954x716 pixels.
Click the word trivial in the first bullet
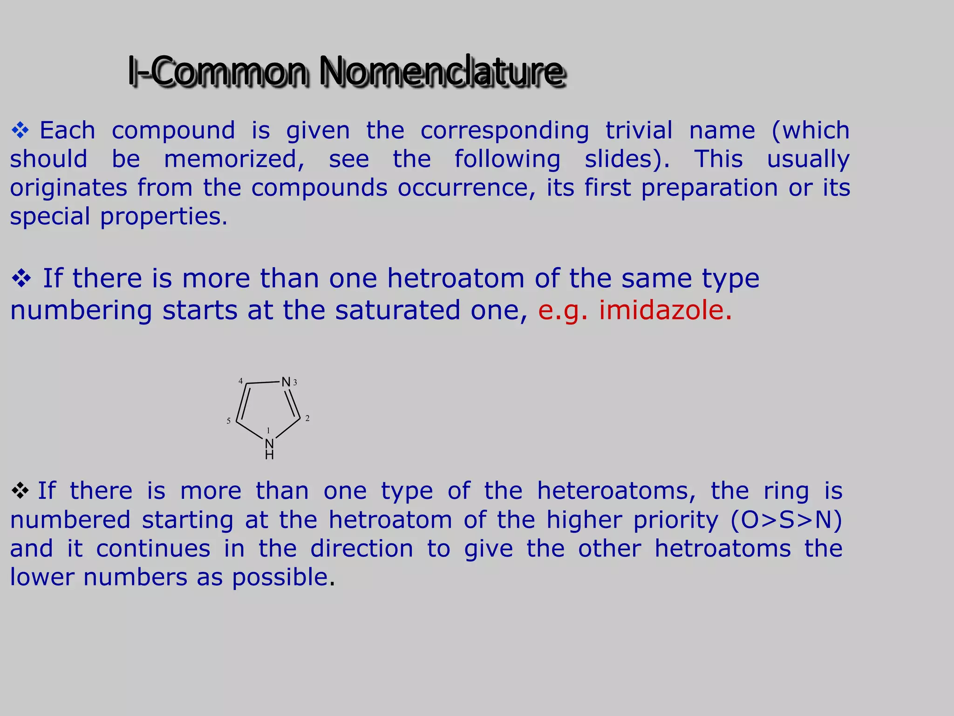pos(639,130)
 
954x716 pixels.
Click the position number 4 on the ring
pos(240,381)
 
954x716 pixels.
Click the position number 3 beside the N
pos(295,383)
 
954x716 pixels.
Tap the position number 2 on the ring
pos(307,418)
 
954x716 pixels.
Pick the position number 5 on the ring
pos(228,421)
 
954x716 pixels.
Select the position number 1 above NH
pos(268,430)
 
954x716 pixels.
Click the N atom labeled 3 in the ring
pos(286,382)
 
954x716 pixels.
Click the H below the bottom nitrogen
pos(269,455)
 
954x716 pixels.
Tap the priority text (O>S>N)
pos(786,520)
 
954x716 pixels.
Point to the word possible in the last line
pos(280,577)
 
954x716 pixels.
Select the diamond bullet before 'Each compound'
pos(20,131)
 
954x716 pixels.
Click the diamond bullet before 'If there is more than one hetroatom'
pos(21,279)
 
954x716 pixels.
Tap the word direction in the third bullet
pos(362,549)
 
